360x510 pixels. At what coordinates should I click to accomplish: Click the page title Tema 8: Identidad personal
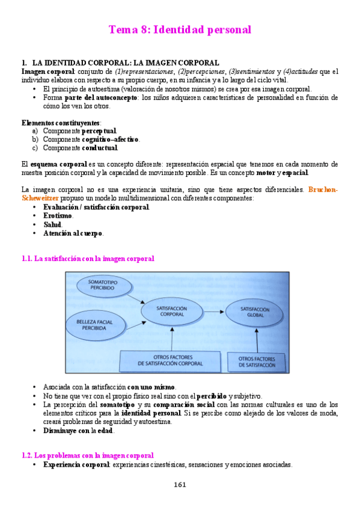click(180, 29)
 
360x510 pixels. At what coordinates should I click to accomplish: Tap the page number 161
click(180, 485)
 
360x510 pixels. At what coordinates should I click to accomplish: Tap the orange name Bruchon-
click(323, 189)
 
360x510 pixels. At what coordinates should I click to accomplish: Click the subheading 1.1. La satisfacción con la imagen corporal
click(88, 259)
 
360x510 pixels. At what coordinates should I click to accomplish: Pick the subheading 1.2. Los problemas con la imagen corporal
click(87, 455)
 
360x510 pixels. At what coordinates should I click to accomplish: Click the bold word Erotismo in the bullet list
click(58, 215)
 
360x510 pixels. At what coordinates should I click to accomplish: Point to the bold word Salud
click(52, 224)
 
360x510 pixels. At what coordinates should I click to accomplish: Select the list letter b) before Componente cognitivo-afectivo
click(35, 140)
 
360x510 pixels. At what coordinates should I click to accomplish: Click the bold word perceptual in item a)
click(99, 131)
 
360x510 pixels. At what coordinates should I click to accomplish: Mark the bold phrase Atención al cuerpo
click(73, 233)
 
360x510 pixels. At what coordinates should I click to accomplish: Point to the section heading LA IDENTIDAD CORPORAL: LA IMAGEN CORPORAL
click(125, 63)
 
